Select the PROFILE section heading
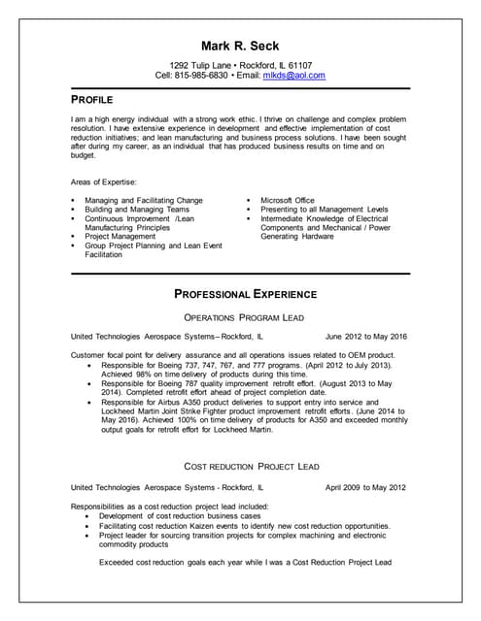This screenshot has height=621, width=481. click(x=92, y=99)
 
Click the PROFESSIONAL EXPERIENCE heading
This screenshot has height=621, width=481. click(x=245, y=293)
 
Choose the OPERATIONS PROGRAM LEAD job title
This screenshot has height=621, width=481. click(x=245, y=317)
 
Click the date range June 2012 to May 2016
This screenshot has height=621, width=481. click(x=365, y=336)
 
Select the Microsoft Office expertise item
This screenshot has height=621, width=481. click(x=288, y=200)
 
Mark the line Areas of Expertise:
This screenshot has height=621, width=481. click(x=104, y=181)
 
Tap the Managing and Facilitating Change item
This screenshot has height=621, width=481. click(x=144, y=200)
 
